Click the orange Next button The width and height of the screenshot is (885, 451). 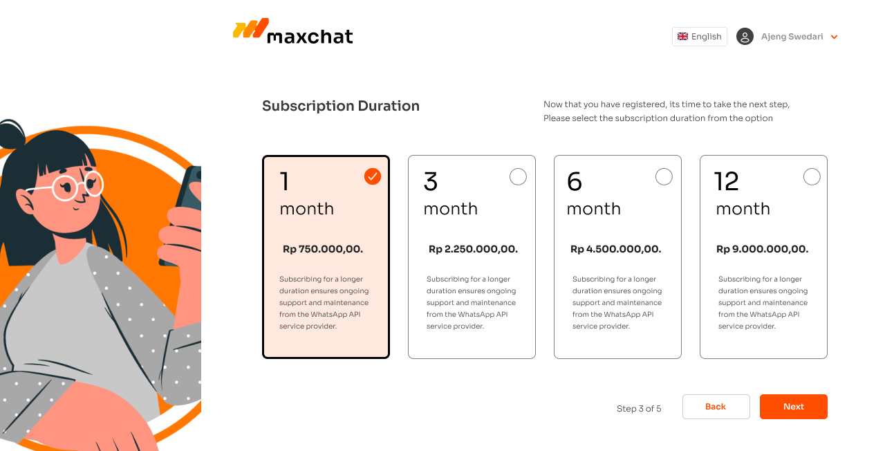(x=793, y=406)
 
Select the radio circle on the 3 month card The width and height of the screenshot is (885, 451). (x=518, y=176)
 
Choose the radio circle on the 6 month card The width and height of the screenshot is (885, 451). (x=664, y=176)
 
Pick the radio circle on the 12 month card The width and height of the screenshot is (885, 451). (x=812, y=176)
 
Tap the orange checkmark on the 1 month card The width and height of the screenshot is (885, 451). (x=373, y=176)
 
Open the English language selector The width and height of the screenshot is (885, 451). (x=700, y=37)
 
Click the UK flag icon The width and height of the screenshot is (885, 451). (x=682, y=37)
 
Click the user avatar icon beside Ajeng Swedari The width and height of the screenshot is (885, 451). (x=745, y=37)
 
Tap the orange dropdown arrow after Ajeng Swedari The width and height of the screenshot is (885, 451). (x=834, y=37)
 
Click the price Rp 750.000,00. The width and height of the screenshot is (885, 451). (x=323, y=249)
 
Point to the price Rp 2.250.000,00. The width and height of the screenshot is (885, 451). (x=473, y=249)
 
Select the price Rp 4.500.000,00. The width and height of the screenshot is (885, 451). (x=615, y=249)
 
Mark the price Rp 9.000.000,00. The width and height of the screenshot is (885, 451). (x=762, y=249)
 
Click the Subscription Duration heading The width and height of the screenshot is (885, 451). (x=341, y=106)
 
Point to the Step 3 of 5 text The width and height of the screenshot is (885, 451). (x=639, y=408)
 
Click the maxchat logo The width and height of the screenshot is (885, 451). (x=292, y=31)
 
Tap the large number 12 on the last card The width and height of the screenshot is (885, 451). (x=726, y=181)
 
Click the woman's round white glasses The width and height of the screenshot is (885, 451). (x=77, y=186)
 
